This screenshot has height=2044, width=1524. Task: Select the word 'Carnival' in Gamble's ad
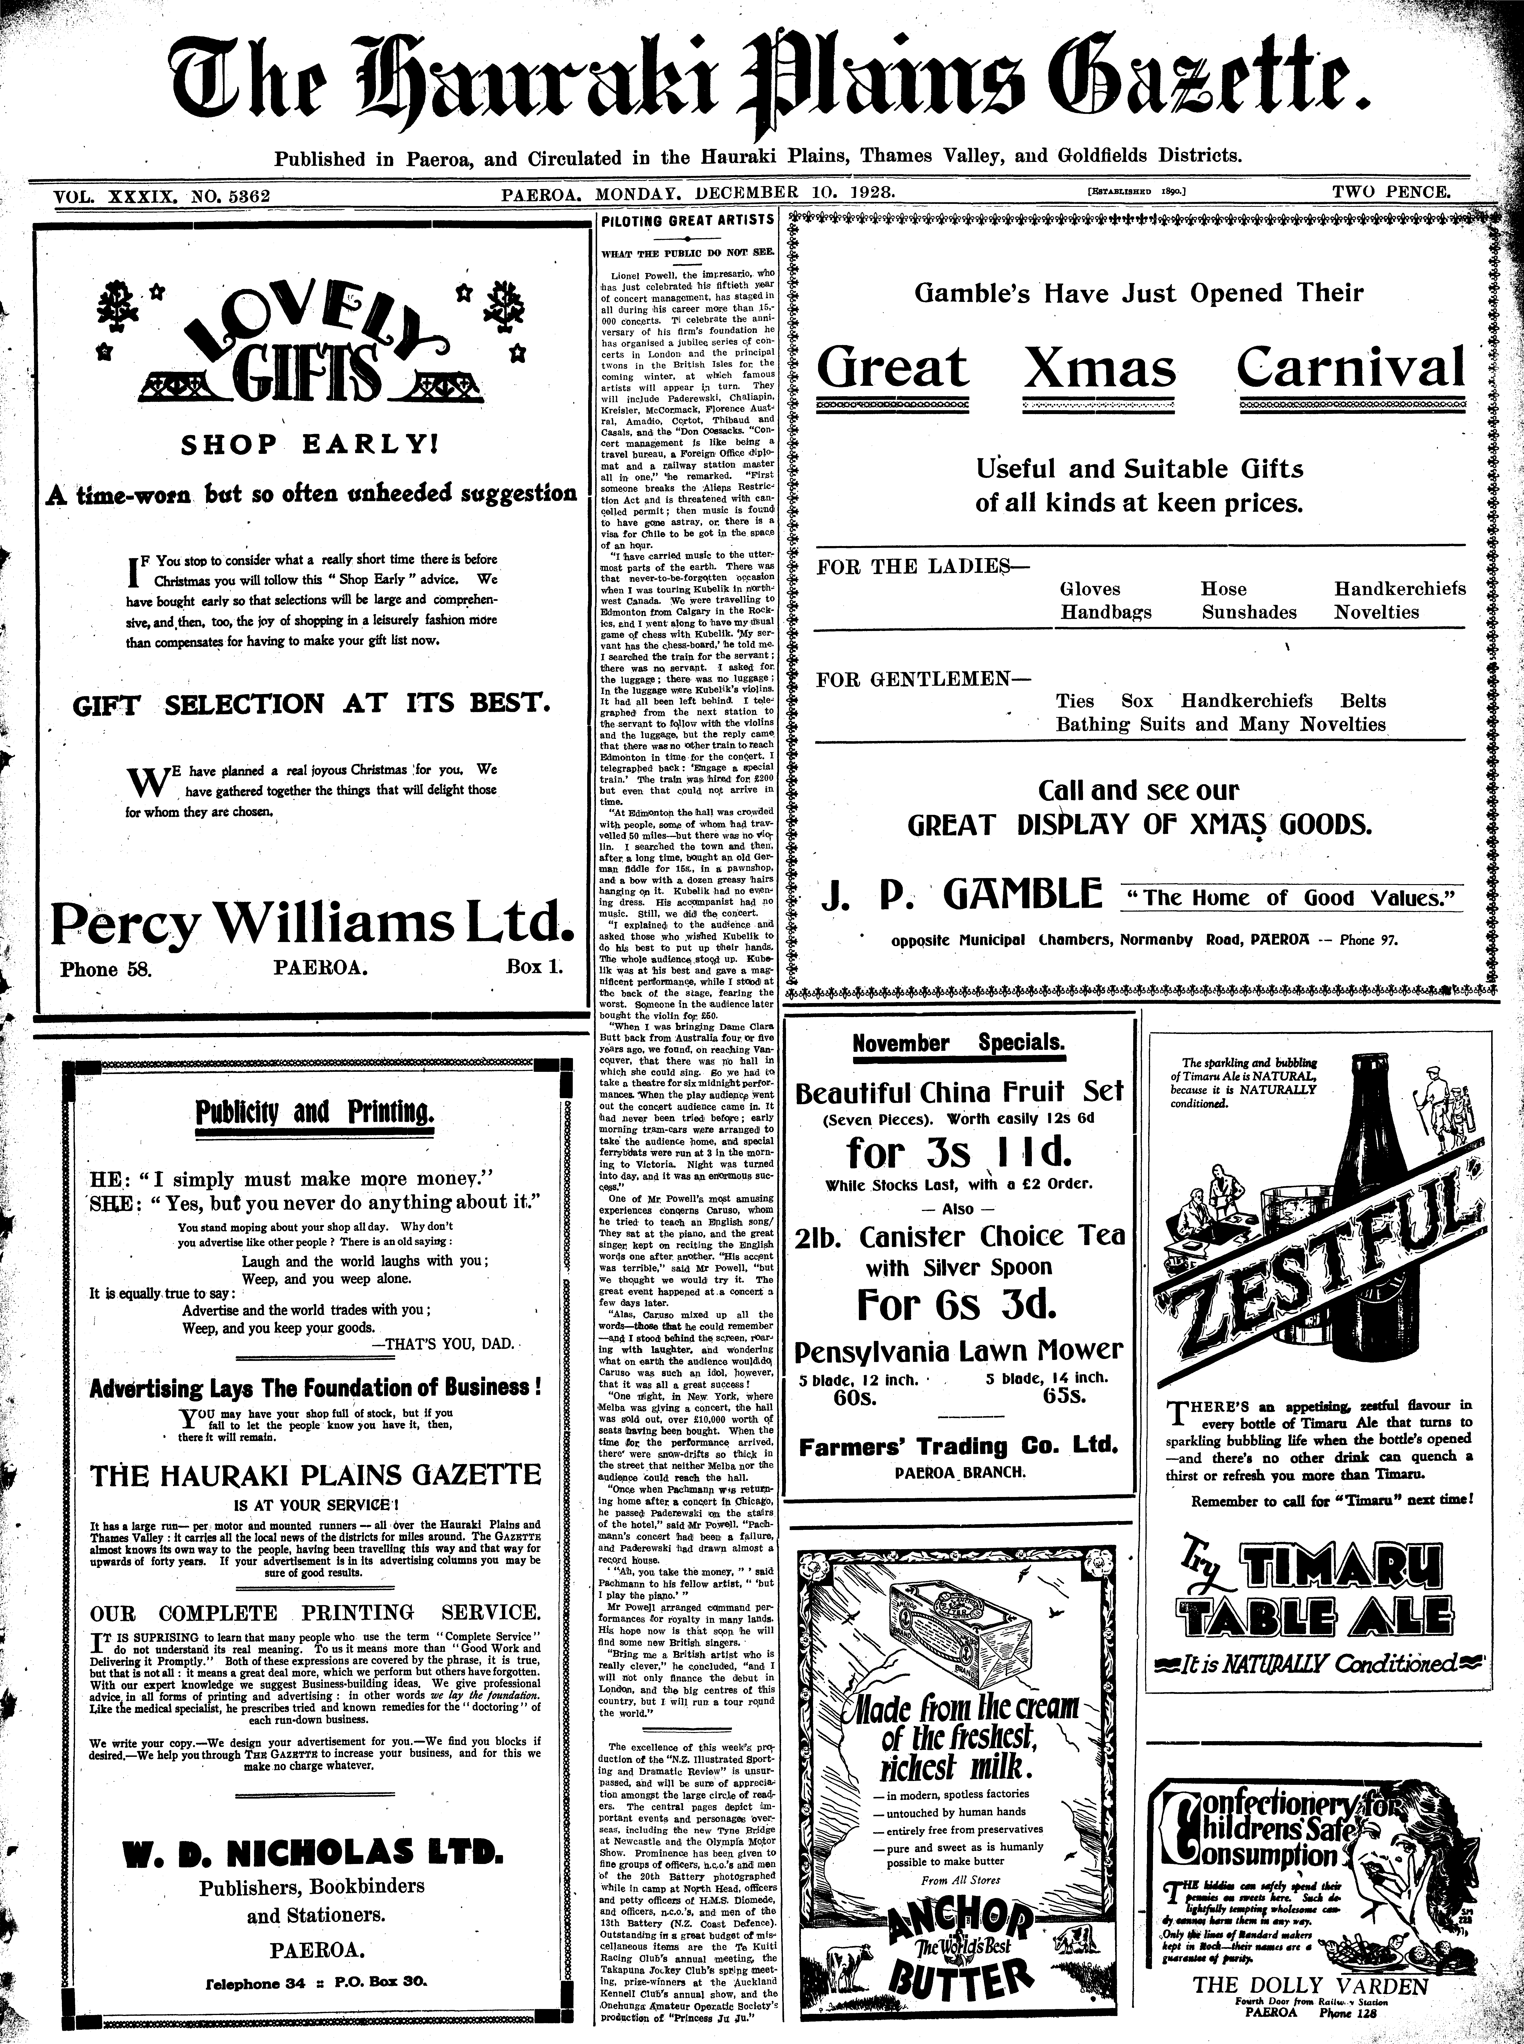[x=1351, y=366]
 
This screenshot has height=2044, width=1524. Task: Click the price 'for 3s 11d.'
[x=959, y=1153]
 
